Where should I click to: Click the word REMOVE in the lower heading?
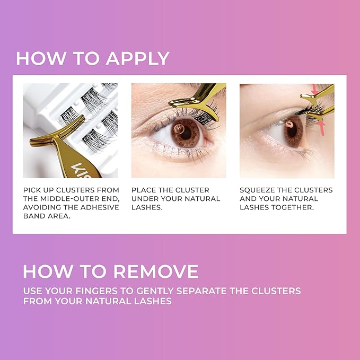pyautogui.click(x=156, y=271)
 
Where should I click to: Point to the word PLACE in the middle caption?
pyautogui.click(x=144, y=190)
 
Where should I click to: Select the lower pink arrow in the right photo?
pyautogui.click(x=321, y=127)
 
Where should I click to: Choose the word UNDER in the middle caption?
pyautogui.click(x=145, y=199)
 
